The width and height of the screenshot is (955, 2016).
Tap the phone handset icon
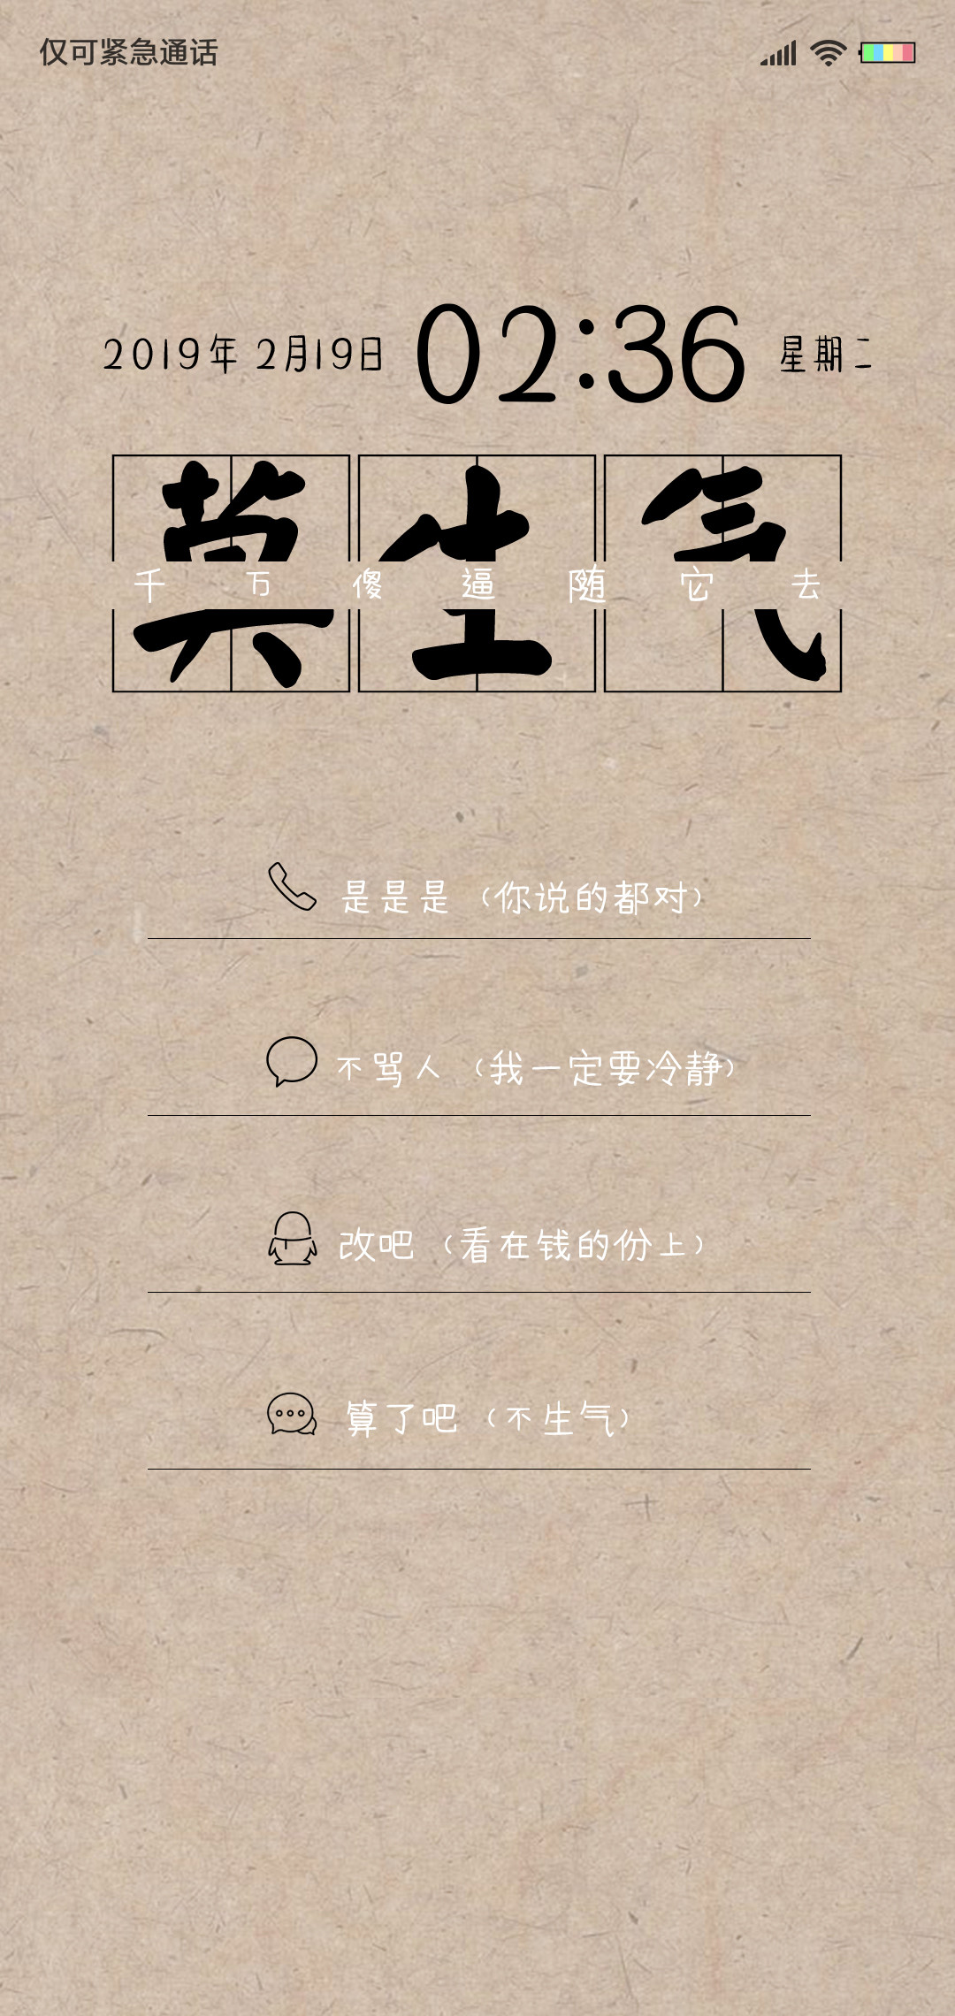point(292,886)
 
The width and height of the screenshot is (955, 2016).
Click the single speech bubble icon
point(292,1061)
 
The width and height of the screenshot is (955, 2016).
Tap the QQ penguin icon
point(293,1238)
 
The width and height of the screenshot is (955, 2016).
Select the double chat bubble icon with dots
point(292,1414)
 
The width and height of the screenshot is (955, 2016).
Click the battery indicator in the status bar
point(888,53)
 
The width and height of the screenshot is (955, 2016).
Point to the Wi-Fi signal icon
point(829,53)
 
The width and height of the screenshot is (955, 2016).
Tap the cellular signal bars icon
point(779,53)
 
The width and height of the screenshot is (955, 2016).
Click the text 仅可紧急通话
point(129,53)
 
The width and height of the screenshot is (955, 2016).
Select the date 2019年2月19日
point(243,355)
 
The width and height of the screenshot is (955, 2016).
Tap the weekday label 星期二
point(826,355)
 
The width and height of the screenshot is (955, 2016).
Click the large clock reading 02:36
point(581,354)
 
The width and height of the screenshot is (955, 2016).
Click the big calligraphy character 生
point(469,573)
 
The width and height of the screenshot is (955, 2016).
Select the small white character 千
point(149,584)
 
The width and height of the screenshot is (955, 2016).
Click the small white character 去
point(806,584)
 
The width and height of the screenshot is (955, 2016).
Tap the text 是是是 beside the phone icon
point(395,897)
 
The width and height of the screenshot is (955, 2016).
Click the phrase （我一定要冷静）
point(605,1068)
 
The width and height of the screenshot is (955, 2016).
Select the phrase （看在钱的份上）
point(573,1245)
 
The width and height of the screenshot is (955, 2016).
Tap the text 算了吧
point(401,1418)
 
